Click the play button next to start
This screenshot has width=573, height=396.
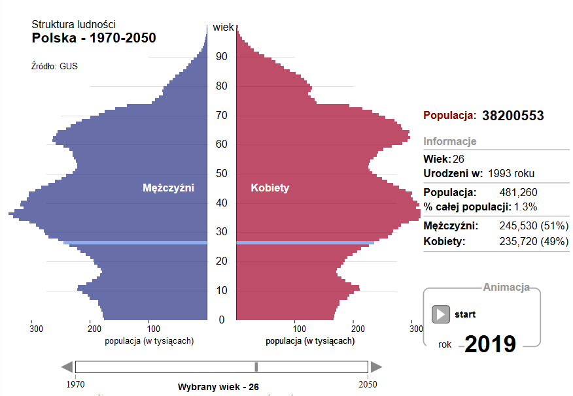click(441, 314)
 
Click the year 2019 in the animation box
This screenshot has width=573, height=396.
click(490, 344)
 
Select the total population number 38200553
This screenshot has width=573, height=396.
click(513, 116)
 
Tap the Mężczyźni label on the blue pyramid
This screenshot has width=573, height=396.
click(169, 188)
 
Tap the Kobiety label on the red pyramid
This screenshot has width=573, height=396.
click(270, 188)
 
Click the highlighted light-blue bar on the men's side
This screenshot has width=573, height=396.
click(135, 243)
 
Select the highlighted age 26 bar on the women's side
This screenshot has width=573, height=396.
click(305, 243)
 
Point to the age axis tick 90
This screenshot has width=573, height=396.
click(222, 57)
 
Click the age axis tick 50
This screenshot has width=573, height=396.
click(222, 173)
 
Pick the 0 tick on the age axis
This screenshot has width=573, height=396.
click(222, 320)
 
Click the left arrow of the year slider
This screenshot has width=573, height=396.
click(66, 367)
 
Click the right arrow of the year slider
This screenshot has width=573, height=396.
click(376, 367)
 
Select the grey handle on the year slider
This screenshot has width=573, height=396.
click(256, 367)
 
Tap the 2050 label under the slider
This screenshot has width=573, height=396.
click(366, 385)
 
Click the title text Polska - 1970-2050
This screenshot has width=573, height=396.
click(94, 38)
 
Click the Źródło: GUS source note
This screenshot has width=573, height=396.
click(54, 66)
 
